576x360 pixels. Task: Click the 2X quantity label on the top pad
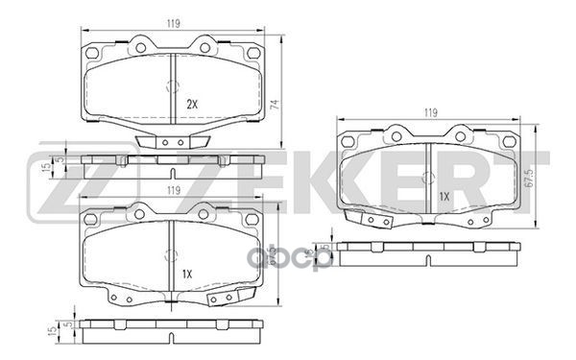point(191,103)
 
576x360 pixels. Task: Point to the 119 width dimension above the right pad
point(431,112)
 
